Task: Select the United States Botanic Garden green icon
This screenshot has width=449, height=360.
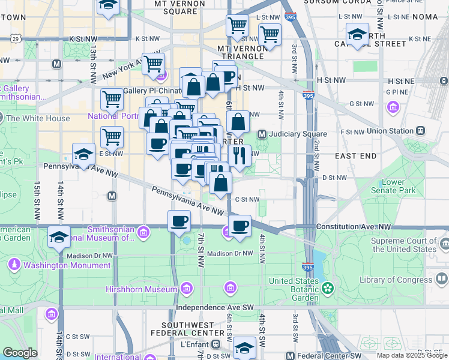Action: (x=327, y=289)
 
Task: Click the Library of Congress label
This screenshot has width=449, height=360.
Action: (x=395, y=280)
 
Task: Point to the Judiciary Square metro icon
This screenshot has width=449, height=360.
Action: (x=262, y=134)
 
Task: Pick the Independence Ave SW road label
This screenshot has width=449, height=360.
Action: (x=215, y=307)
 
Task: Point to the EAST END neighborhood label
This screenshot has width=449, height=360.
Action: (x=355, y=156)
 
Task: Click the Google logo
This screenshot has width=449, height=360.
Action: (x=20, y=353)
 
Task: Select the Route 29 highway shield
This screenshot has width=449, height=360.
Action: (x=16, y=38)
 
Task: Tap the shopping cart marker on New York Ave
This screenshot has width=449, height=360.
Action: (x=154, y=63)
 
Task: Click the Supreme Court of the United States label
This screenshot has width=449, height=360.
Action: (x=403, y=245)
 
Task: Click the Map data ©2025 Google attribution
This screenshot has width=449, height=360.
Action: (x=412, y=355)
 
